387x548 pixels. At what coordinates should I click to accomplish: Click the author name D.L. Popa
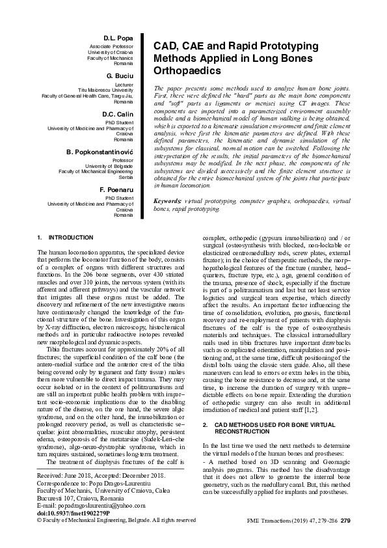tap(118, 38)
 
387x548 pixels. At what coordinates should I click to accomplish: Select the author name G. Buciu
tap(118, 76)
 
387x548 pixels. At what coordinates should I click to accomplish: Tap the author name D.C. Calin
tap(118, 114)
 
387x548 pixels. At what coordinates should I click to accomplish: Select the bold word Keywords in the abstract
tap(168, 184)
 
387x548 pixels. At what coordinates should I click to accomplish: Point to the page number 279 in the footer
tap(345, 520)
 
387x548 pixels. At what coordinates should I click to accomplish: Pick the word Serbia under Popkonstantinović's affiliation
tap(125, 177)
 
